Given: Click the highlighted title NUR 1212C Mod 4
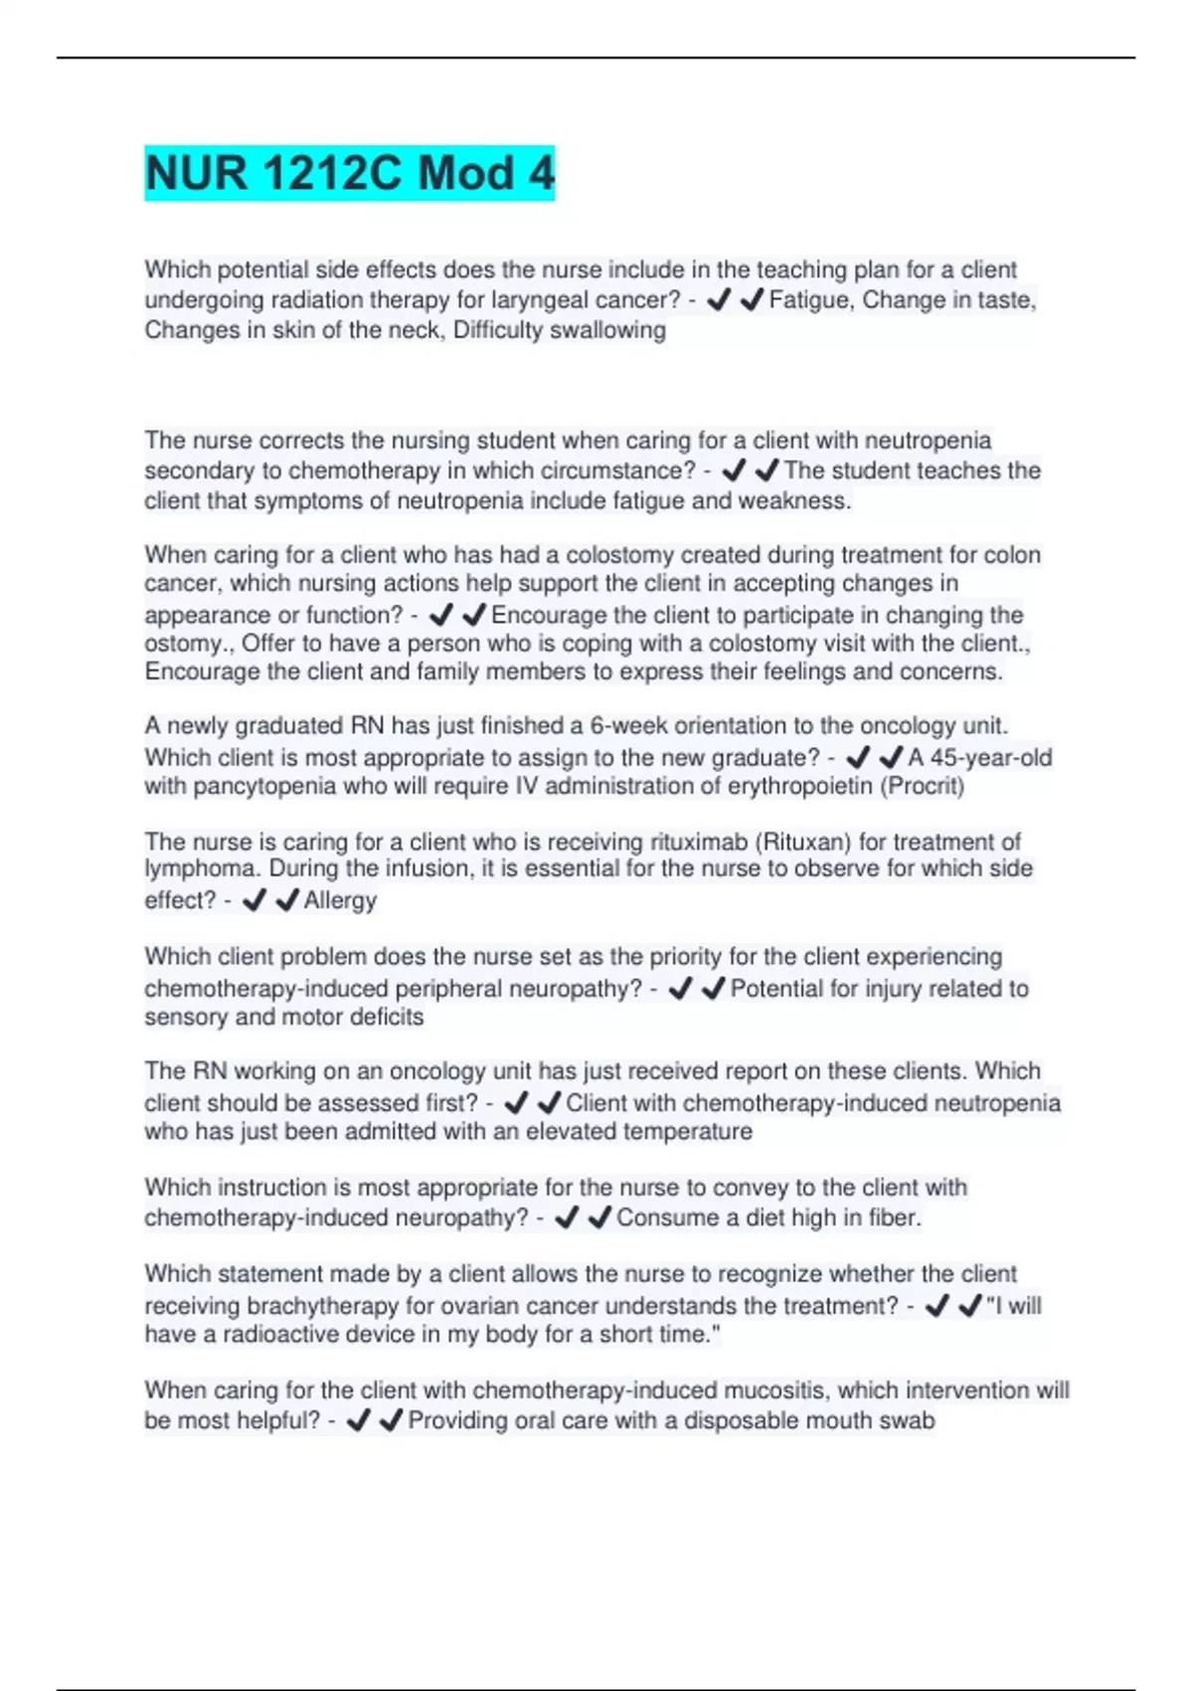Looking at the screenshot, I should tap(349, 173).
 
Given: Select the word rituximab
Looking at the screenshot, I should tap(700, 843).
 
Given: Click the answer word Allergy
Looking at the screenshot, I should tap(340, 901).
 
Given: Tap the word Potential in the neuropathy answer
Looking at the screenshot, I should tap(775, 989).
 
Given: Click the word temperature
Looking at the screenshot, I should tap(696, 1132).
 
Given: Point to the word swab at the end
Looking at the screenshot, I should tap(909, 1421).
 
